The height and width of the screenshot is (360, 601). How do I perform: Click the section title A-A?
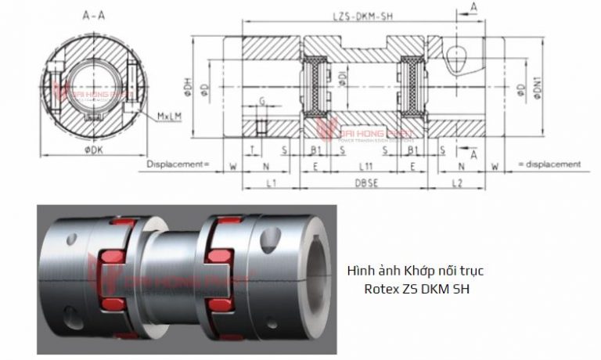click(x=95, y=14)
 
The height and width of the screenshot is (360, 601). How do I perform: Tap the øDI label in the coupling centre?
click(x=341, y=76)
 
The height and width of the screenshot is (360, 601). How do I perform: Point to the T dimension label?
click(x=252, y=149)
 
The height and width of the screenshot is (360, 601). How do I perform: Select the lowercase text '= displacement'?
click(x=549, y=164)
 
